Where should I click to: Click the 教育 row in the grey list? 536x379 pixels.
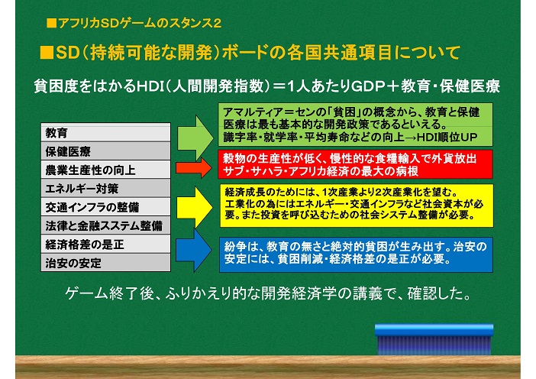[x=105, y=133]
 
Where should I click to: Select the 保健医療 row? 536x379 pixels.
[x=105, y=151]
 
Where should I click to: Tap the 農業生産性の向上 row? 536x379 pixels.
[x=105, y=170]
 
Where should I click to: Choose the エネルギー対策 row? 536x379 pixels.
[x=105, y=188]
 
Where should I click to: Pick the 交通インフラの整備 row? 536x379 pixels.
[x=105, y=206]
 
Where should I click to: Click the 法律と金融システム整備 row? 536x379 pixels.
[x=105, y=225]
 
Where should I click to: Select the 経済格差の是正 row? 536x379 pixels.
[x=105, y=244]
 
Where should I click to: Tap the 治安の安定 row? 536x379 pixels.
[x=105, y=262]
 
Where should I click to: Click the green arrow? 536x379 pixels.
[x=195, y=138]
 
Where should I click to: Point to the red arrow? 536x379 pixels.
[x=194, y=168]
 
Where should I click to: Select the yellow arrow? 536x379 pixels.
[x=195, y=208]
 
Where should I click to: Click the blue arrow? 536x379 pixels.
[x=194, y=251]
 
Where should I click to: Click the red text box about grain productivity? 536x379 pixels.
[x=356, y=164]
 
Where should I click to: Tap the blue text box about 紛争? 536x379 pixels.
[x=356, y=254]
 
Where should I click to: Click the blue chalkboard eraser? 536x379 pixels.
[x=434, y=339]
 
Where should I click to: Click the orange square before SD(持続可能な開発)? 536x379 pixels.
[x=47, y=53]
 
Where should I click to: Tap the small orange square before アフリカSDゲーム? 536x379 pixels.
[x=52, y=23]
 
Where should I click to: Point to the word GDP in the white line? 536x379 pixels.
[x=367, y=86]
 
